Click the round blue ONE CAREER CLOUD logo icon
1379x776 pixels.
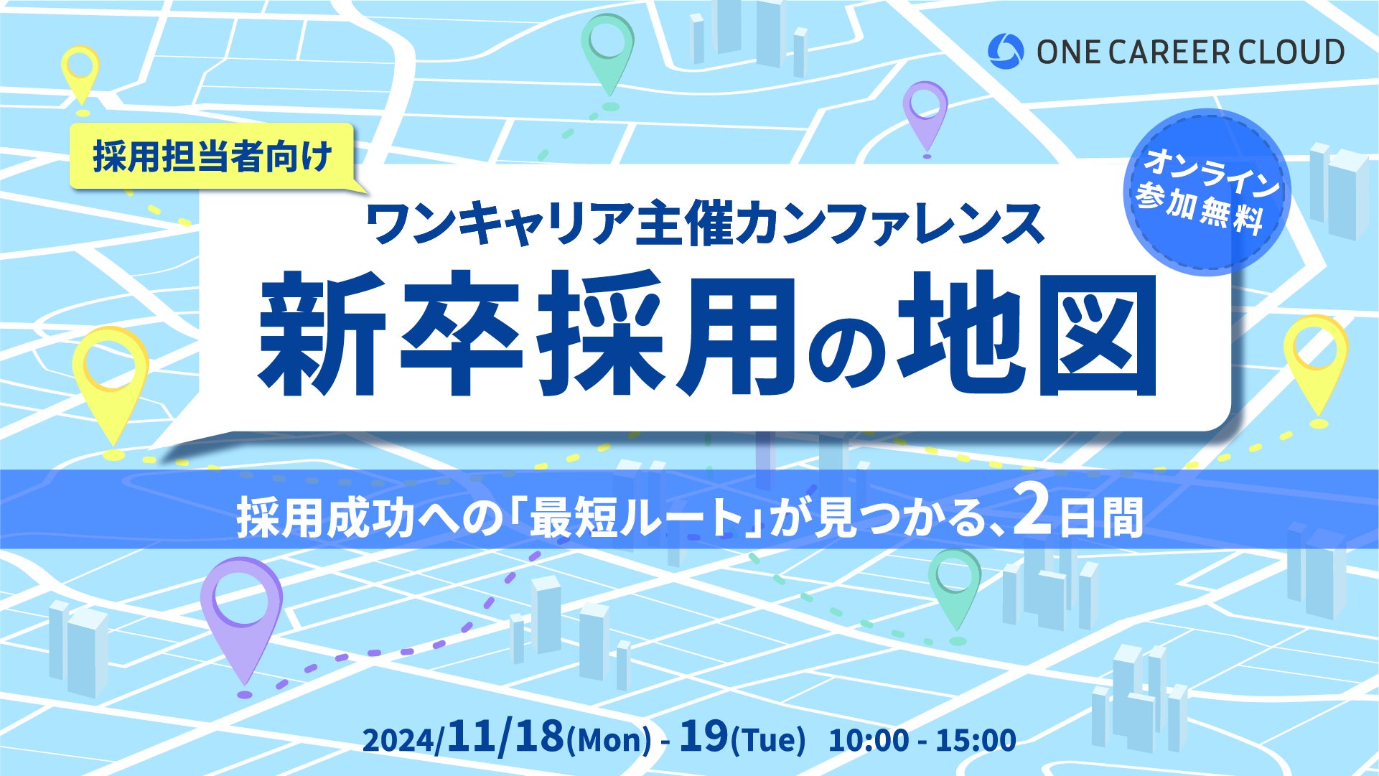[1006, 52]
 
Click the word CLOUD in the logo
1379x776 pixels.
[1294, 52]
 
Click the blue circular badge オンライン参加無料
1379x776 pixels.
[1208, 192]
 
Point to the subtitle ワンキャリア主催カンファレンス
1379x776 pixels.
[705, 225]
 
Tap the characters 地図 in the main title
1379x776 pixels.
[1027, 334]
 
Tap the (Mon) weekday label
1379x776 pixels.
[609, 740]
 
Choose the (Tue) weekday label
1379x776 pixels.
[768, 740]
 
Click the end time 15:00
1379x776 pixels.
[976, 740]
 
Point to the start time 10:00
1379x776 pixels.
[869, 740]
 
